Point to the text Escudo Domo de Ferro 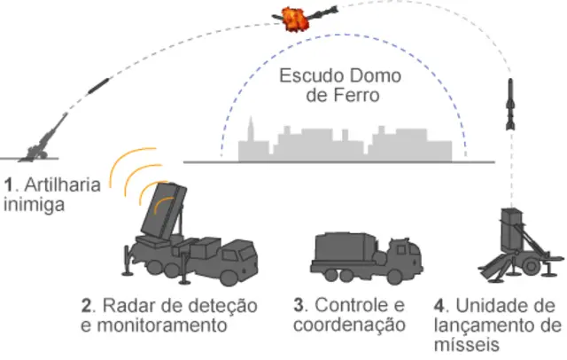(x=340, y=84)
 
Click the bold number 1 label (x=7, y=185)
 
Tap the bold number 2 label (x=86, y=306)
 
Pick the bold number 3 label (x=298, y=306)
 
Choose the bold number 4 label (x=443, y=306)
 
